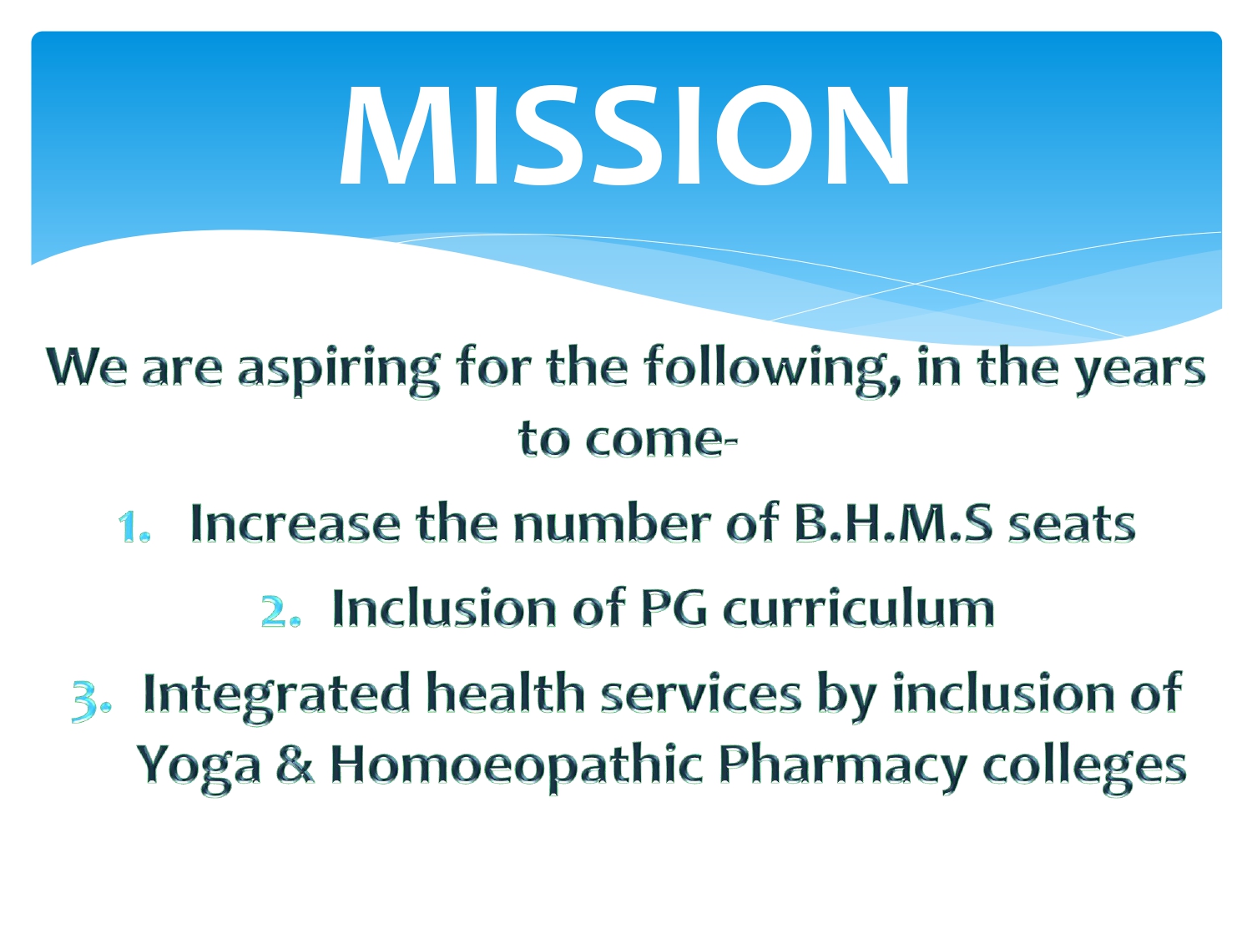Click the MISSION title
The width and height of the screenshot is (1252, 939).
coord(624,135)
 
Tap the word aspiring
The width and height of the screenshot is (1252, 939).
coord(338,371)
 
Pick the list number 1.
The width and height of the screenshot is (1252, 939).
coord(134,526)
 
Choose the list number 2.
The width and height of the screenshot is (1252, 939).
coord(280,611)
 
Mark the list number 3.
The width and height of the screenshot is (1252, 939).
coord(92,701)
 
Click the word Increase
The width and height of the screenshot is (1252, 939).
coord(295,523)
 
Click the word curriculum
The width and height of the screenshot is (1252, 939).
coord(858,608)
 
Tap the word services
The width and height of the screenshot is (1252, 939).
coord(701,694)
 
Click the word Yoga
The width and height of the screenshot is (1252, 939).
coord(199,767)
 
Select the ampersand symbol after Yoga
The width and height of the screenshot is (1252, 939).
coord(295,764)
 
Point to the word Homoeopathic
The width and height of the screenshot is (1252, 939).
coord(516,766)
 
